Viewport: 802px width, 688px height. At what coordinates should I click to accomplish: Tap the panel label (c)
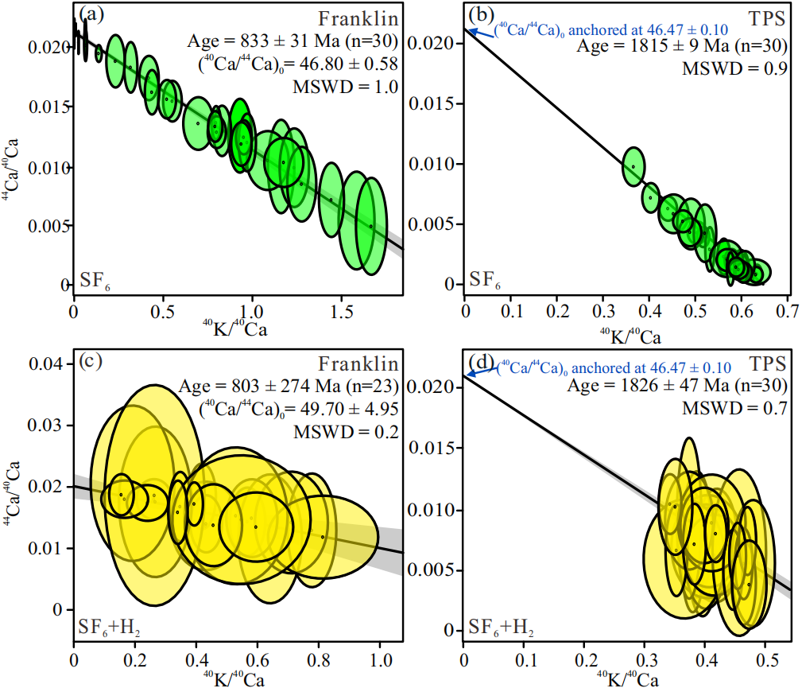[x=91, y=363]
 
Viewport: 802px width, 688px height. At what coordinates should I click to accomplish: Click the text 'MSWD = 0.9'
[x=735, y=68]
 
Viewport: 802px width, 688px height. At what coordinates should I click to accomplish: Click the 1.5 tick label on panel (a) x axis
[x=341, y=309]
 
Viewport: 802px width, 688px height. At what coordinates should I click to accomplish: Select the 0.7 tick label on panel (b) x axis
[x=787, y=308]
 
